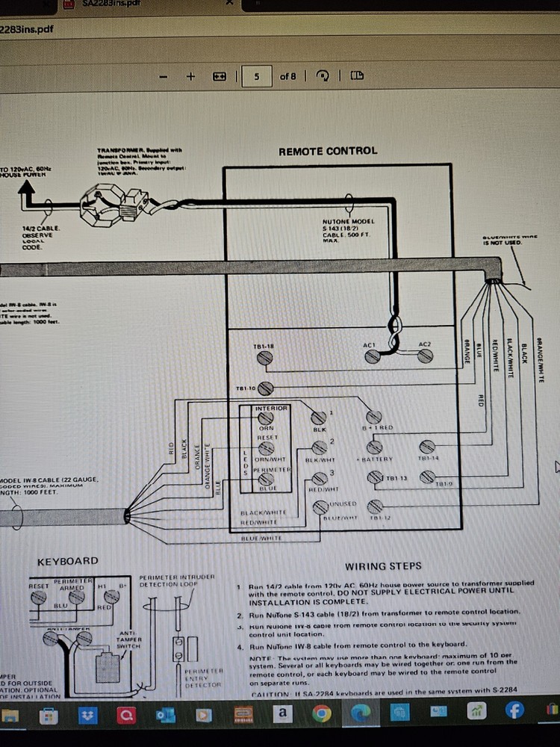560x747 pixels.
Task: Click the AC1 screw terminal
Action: [371, 358]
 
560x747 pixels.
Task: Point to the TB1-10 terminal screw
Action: [267, 388]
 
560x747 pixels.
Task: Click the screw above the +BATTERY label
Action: [373, 447]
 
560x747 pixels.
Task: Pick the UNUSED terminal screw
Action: [320, 508]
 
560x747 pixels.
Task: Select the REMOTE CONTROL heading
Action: [328, 151]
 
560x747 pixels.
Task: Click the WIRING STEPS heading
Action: [383, 566]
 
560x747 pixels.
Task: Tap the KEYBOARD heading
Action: [68, 561]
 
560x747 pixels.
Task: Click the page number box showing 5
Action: [256, 76]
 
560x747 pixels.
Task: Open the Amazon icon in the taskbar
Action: [282, 715]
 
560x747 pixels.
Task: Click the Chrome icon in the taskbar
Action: [322, 715]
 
